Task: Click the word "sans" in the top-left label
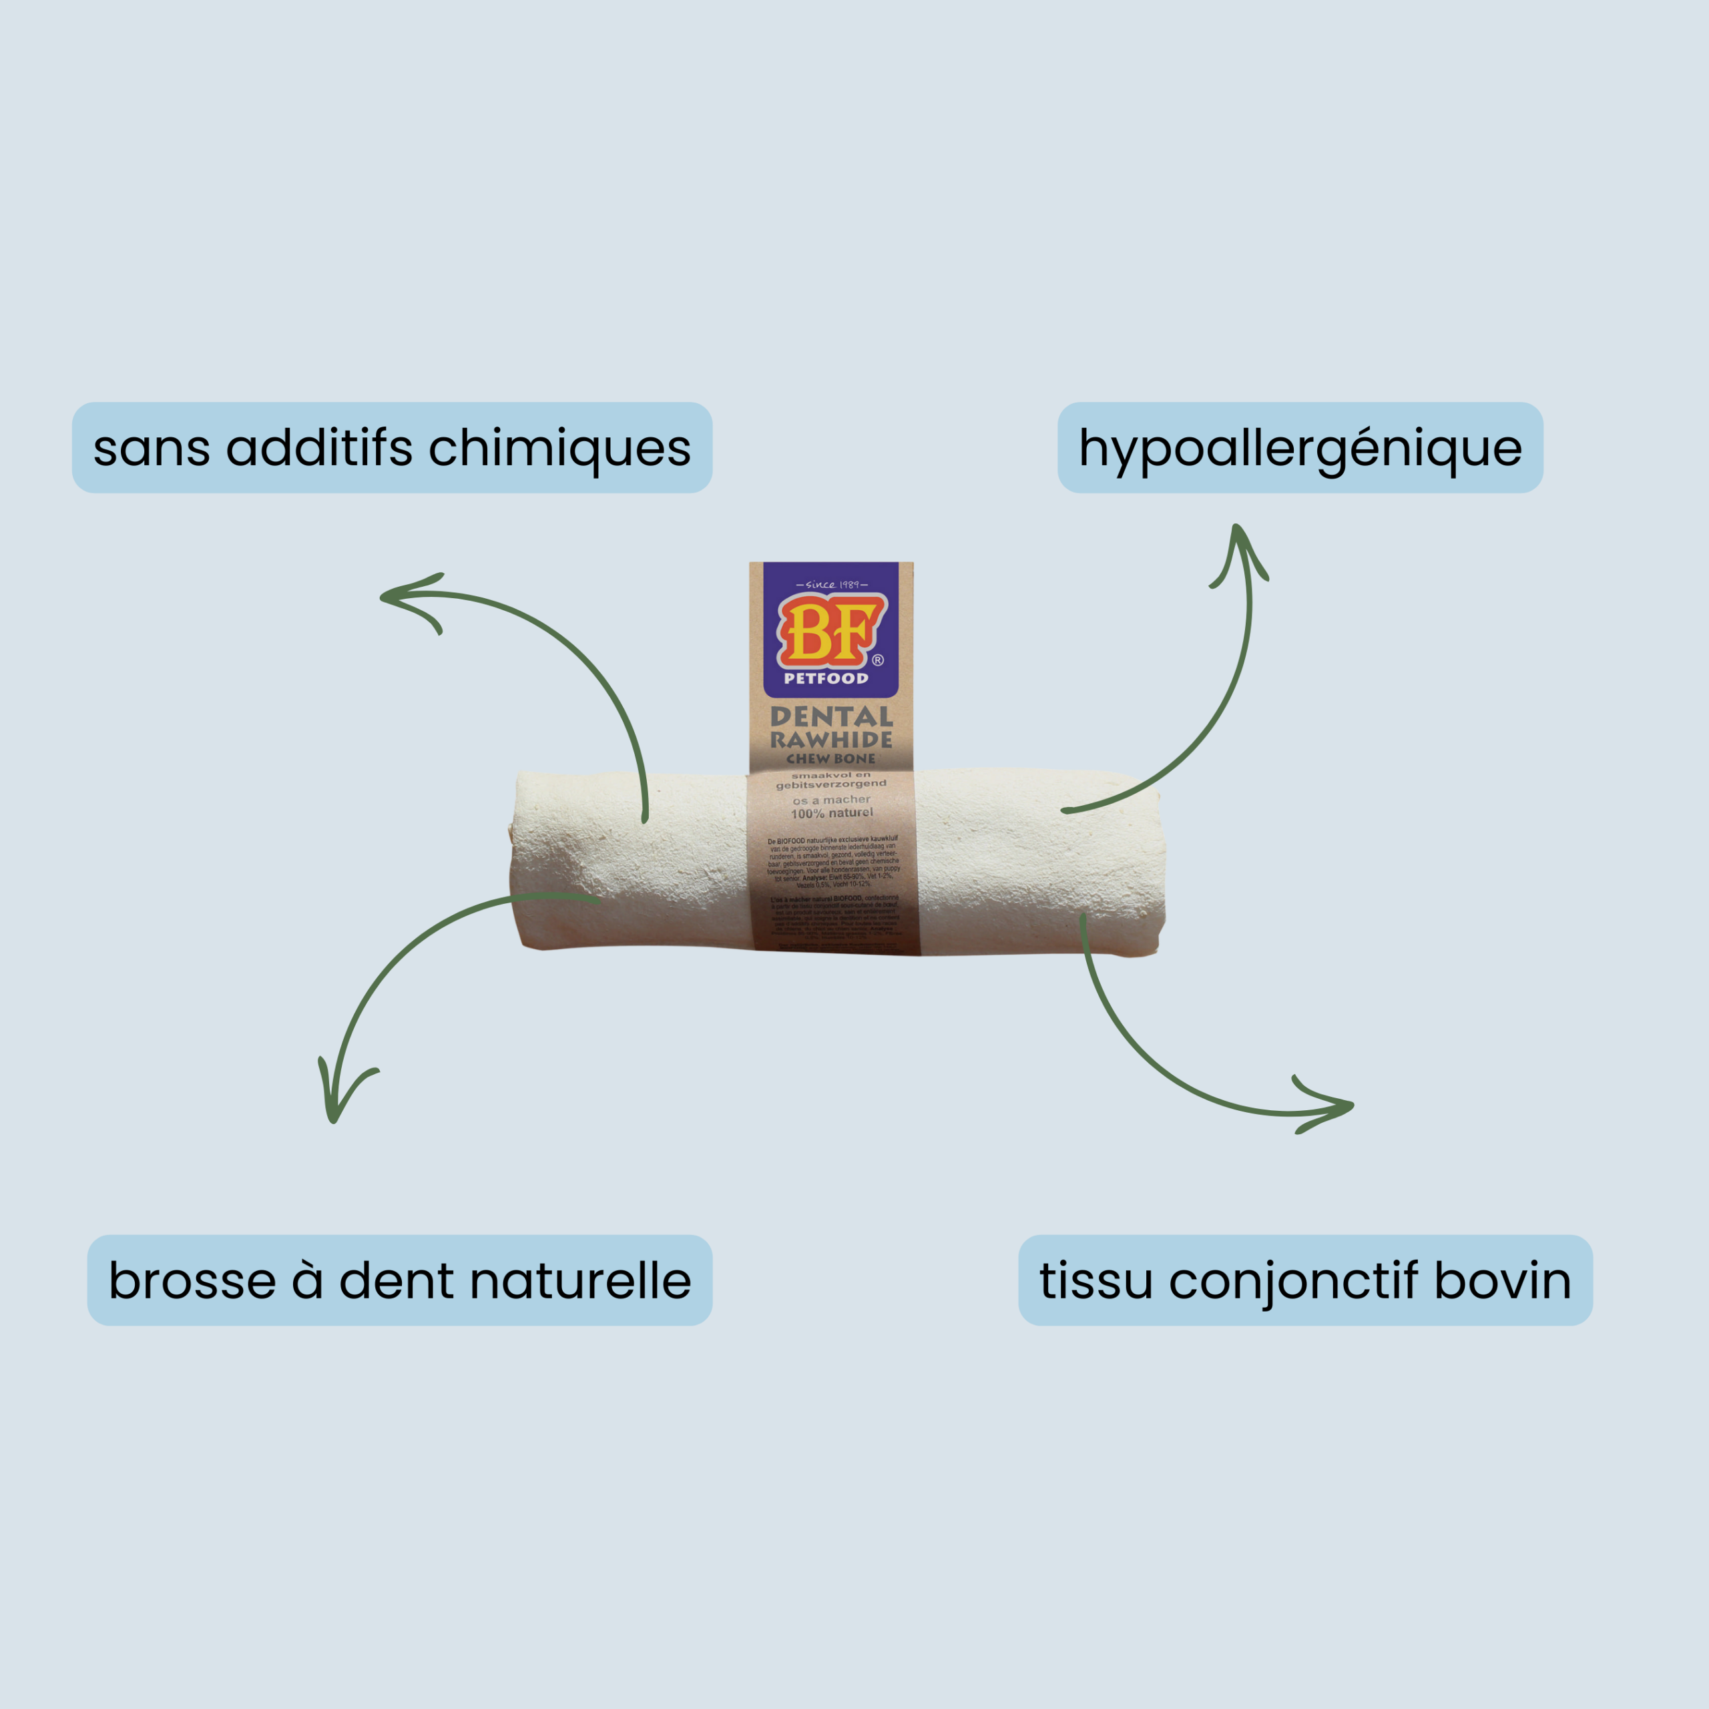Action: click(x=152, y=449)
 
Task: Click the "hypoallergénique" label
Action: click(x=1300, y=449)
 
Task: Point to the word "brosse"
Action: click(x=192, y=1281)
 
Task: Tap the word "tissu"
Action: click(x=1096, y=1281)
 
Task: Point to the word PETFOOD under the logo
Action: click(x=826, y=678)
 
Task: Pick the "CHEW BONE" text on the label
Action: click(x=830, y=759)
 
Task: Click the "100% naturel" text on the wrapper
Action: click(x=832, y=813)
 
